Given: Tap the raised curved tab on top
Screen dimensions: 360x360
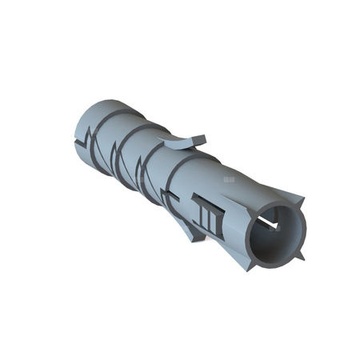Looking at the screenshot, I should point(179,142).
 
